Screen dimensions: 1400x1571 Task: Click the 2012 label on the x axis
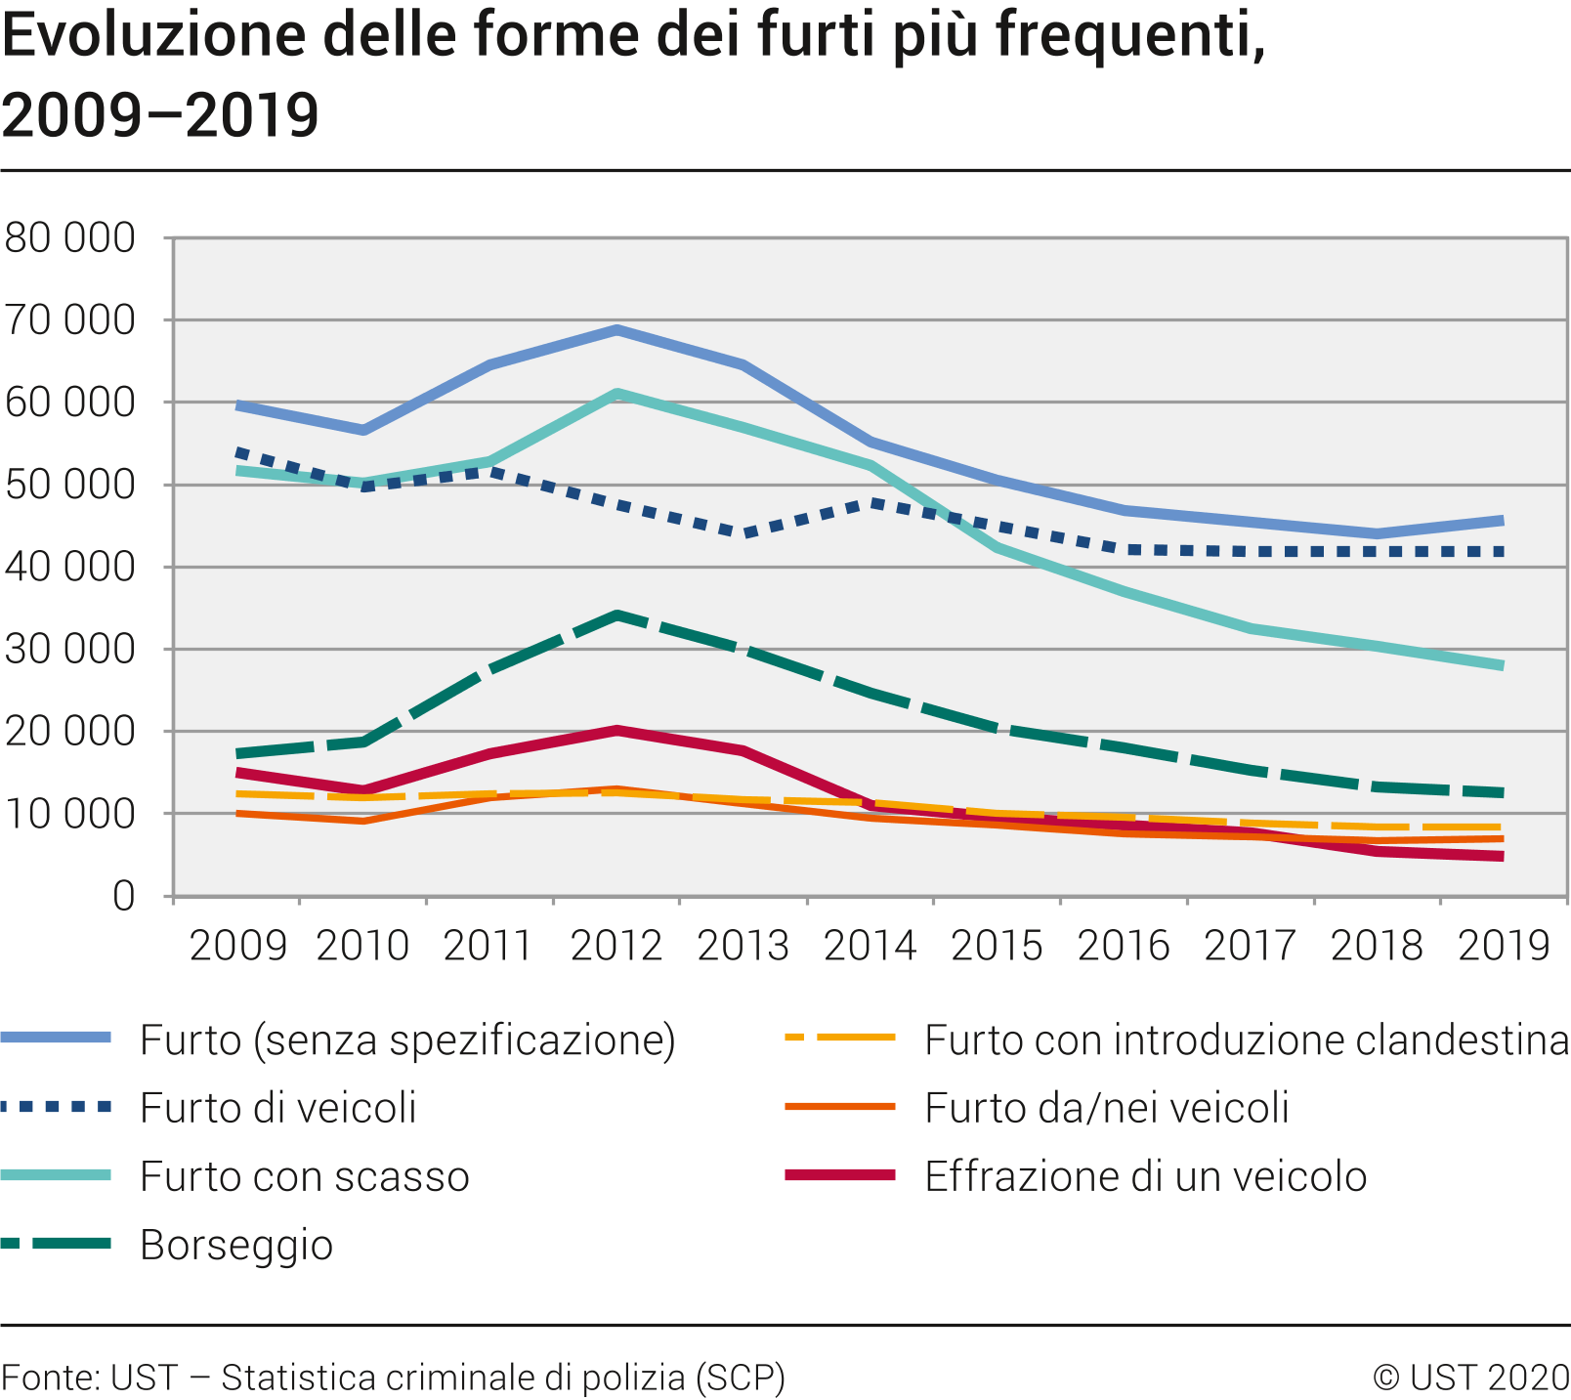click(616, 946)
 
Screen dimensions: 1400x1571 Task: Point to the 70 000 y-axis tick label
click(70, 319)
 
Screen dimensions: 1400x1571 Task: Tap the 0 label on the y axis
click(123, 896)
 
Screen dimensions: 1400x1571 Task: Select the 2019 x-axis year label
click(1504, 946)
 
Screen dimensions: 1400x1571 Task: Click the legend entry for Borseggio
click(236, 1245)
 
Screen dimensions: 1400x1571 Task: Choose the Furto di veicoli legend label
click(278, 1108)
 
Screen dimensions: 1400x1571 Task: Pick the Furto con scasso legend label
click(305, 1176)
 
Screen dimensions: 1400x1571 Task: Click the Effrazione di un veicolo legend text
click(1145, 1176)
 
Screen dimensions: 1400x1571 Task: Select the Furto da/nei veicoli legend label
click(1107, 1108)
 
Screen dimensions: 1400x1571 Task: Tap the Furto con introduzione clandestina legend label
click(1246, 1040)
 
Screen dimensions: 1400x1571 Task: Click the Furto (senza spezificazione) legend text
click(407, 1040)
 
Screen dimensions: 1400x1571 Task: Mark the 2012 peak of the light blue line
click(616, 330)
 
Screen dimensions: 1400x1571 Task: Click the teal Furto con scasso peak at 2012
click(616, 394)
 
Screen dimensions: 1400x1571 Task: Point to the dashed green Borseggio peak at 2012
click(616, 615)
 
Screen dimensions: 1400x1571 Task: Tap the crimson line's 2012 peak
click(616, 730)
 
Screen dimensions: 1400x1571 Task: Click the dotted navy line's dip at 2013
click(744, 533)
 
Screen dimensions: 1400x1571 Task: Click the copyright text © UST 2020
click(1470, 1378)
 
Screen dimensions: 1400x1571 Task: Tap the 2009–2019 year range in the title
click(160, 115)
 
